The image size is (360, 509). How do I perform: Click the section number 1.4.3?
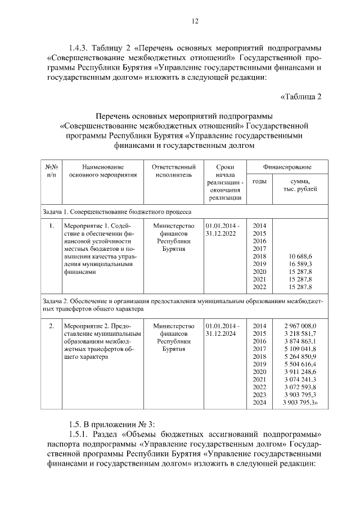click(x=79, y=48)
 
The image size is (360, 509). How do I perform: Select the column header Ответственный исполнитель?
click(x=174, y=171)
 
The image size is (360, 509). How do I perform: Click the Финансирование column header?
click(x=287, y=167)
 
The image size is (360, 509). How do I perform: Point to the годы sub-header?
click(x=259, y=181)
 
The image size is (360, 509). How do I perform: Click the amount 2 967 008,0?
click(x=300, y=326)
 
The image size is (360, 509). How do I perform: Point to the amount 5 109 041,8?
click(x=300, y=349)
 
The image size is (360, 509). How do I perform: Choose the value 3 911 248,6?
click(x=300, y=372)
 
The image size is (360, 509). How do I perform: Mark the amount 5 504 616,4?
click(x=300, y=364)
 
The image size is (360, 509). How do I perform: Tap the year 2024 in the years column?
click(x=259, y=403)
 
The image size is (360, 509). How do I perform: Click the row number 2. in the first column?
click(x=52, y=326)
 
